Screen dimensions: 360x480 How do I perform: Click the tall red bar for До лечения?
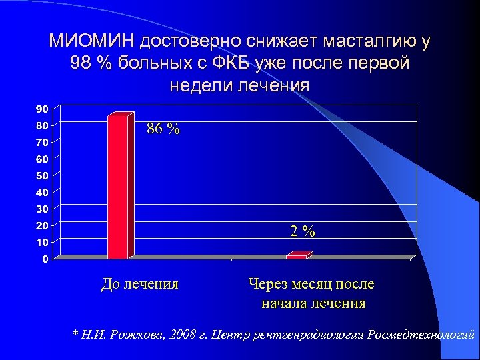click(x=117, y=187)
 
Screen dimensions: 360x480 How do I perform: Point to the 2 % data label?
click(x=302, y=231)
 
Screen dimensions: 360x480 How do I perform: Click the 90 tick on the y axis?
click(x=41, y=109)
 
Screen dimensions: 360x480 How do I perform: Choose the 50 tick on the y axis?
click(x=41, y=175)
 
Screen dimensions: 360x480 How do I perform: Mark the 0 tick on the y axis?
click(x=44, y=259)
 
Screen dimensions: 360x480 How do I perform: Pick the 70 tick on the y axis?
click(x=41, y=142)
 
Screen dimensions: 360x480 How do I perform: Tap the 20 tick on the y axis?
click(x=41, y=225)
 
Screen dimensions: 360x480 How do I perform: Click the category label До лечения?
click(x=139, y=284)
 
